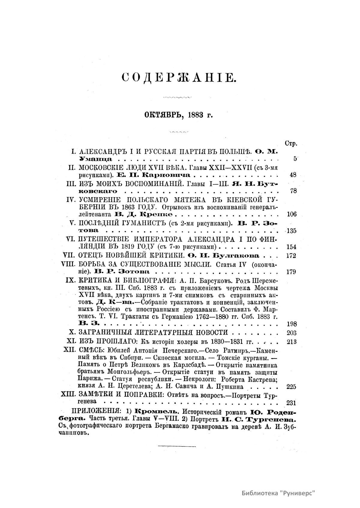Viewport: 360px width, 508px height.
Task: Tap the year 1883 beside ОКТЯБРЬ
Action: [196, 115]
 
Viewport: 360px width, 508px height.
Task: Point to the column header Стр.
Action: [291, 143]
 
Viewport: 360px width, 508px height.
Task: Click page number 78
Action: [293, 191]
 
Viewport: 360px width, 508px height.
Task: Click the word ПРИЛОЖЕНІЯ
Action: [95, 411]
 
